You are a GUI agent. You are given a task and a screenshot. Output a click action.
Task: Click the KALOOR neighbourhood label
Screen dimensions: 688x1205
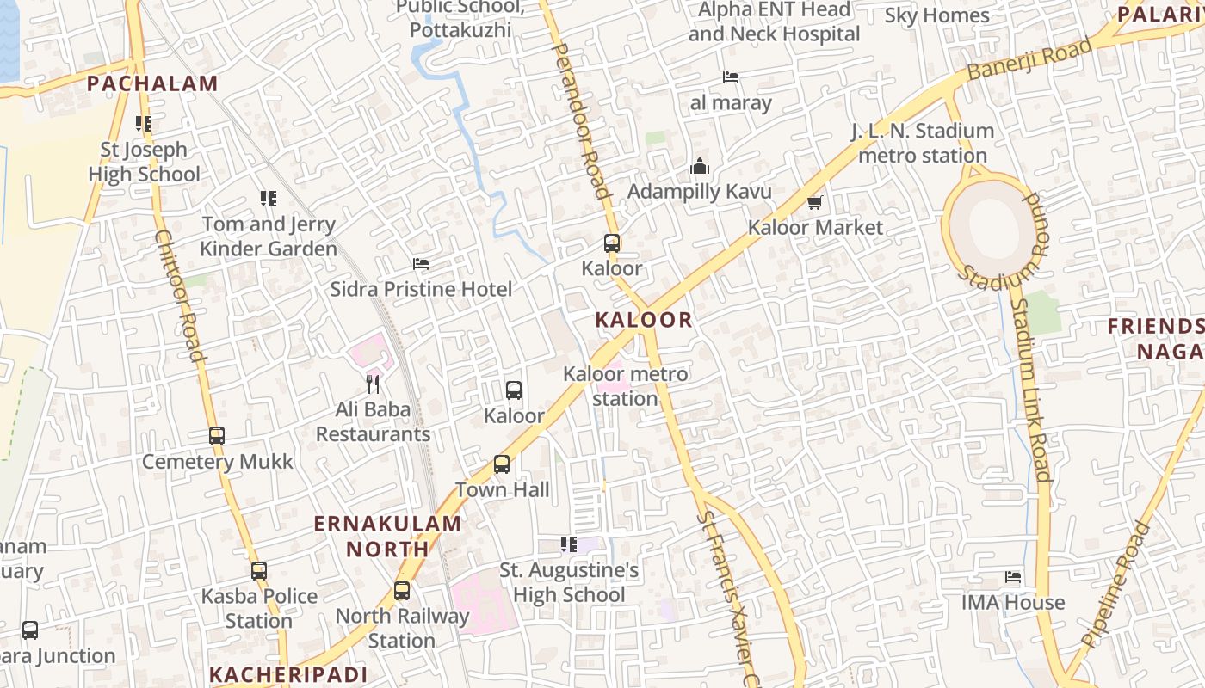[x=644, y=320]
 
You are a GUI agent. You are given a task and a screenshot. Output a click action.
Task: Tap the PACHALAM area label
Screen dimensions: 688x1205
[x=152, y=83]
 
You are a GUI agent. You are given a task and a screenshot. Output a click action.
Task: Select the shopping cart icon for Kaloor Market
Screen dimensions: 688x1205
[x=814, y=203]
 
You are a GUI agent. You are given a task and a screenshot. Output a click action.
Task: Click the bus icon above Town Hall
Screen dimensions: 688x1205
[x=502, y=464]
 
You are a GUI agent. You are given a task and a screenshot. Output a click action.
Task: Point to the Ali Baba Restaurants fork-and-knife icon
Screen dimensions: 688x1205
[x=373, y=384]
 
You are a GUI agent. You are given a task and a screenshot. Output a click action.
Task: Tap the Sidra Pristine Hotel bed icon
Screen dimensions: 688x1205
[x=421, y=264]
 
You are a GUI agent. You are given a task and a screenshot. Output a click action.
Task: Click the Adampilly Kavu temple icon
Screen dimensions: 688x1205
[x=700, y=166]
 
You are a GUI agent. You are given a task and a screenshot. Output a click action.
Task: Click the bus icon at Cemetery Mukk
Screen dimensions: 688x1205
[x=217, y=436]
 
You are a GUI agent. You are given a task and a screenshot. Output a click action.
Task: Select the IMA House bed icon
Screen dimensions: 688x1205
[x=1013, y=577]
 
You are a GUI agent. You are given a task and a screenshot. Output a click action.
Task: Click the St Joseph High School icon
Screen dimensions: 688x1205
[x=144, y=124]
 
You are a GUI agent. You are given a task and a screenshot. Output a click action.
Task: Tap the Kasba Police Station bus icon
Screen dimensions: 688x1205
[x=259, y=570]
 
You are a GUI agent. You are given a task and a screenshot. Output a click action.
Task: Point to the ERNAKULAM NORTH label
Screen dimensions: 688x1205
[x=387, y=536]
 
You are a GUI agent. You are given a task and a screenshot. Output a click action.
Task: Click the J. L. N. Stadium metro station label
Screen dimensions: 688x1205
[x=923, y=143]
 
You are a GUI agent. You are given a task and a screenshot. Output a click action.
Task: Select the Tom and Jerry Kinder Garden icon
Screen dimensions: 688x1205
[x=269, y=200]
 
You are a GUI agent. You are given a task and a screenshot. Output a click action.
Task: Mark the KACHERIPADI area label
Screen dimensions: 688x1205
[x=288, y=674]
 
